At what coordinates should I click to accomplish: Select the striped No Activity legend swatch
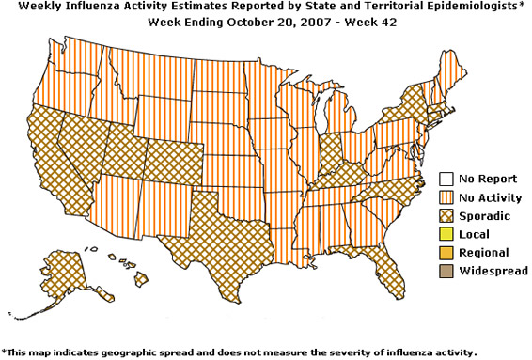(446, 197)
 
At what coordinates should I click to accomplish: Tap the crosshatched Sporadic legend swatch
(446, 215)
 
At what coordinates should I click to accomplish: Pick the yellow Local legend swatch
(446, 233)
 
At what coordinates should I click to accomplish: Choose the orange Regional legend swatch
(446, 252)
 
